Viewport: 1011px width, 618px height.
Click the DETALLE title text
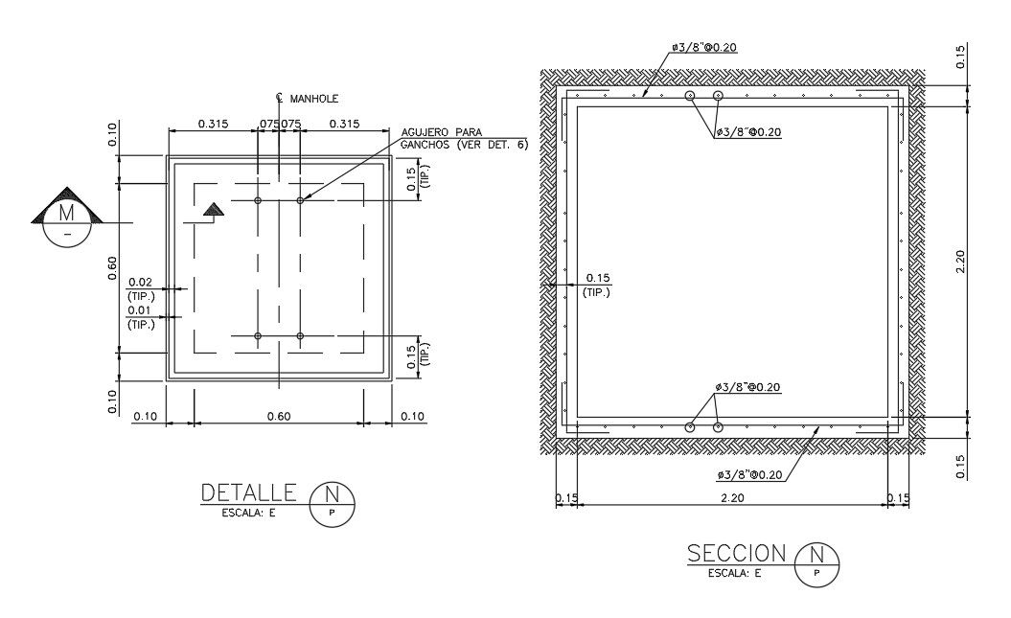click(x=249, y=493)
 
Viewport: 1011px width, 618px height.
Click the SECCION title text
click(x=736, y=554)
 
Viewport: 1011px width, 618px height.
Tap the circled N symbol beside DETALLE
click(x=333, y=505)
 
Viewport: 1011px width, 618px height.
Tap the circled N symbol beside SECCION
click(x=816, y=564)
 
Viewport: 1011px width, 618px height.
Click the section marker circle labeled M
click(x=66, y=223)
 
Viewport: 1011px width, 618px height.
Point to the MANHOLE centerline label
click(x=307, y=99)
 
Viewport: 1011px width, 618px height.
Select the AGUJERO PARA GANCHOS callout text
click(x=464, y=139)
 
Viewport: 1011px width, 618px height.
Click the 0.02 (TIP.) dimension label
click(x=141, y=289)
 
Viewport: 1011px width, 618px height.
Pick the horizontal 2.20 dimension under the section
click(x=732, y=497)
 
